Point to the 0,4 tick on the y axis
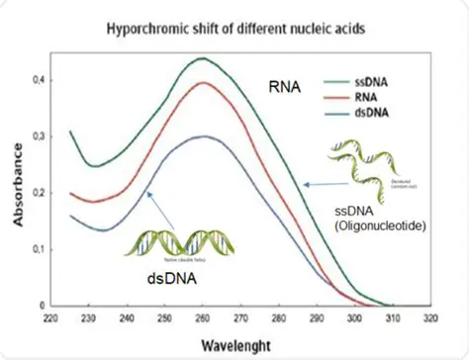[46, 78]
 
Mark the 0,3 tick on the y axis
[46, 135]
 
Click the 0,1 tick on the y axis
[46, 249]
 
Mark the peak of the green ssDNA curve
[203, 58]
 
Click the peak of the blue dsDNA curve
[203, 136]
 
